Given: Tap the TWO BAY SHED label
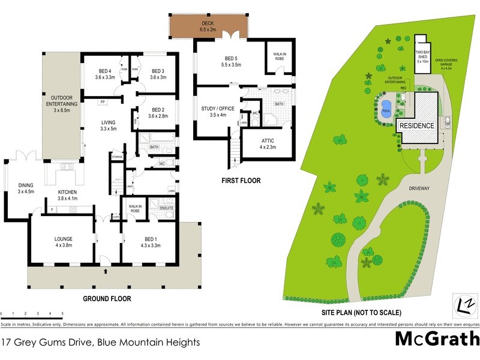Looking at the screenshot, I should tap(422, 56).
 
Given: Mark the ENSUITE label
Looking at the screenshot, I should tap(166, 209).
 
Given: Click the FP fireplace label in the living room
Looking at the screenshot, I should tap(103, 102).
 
